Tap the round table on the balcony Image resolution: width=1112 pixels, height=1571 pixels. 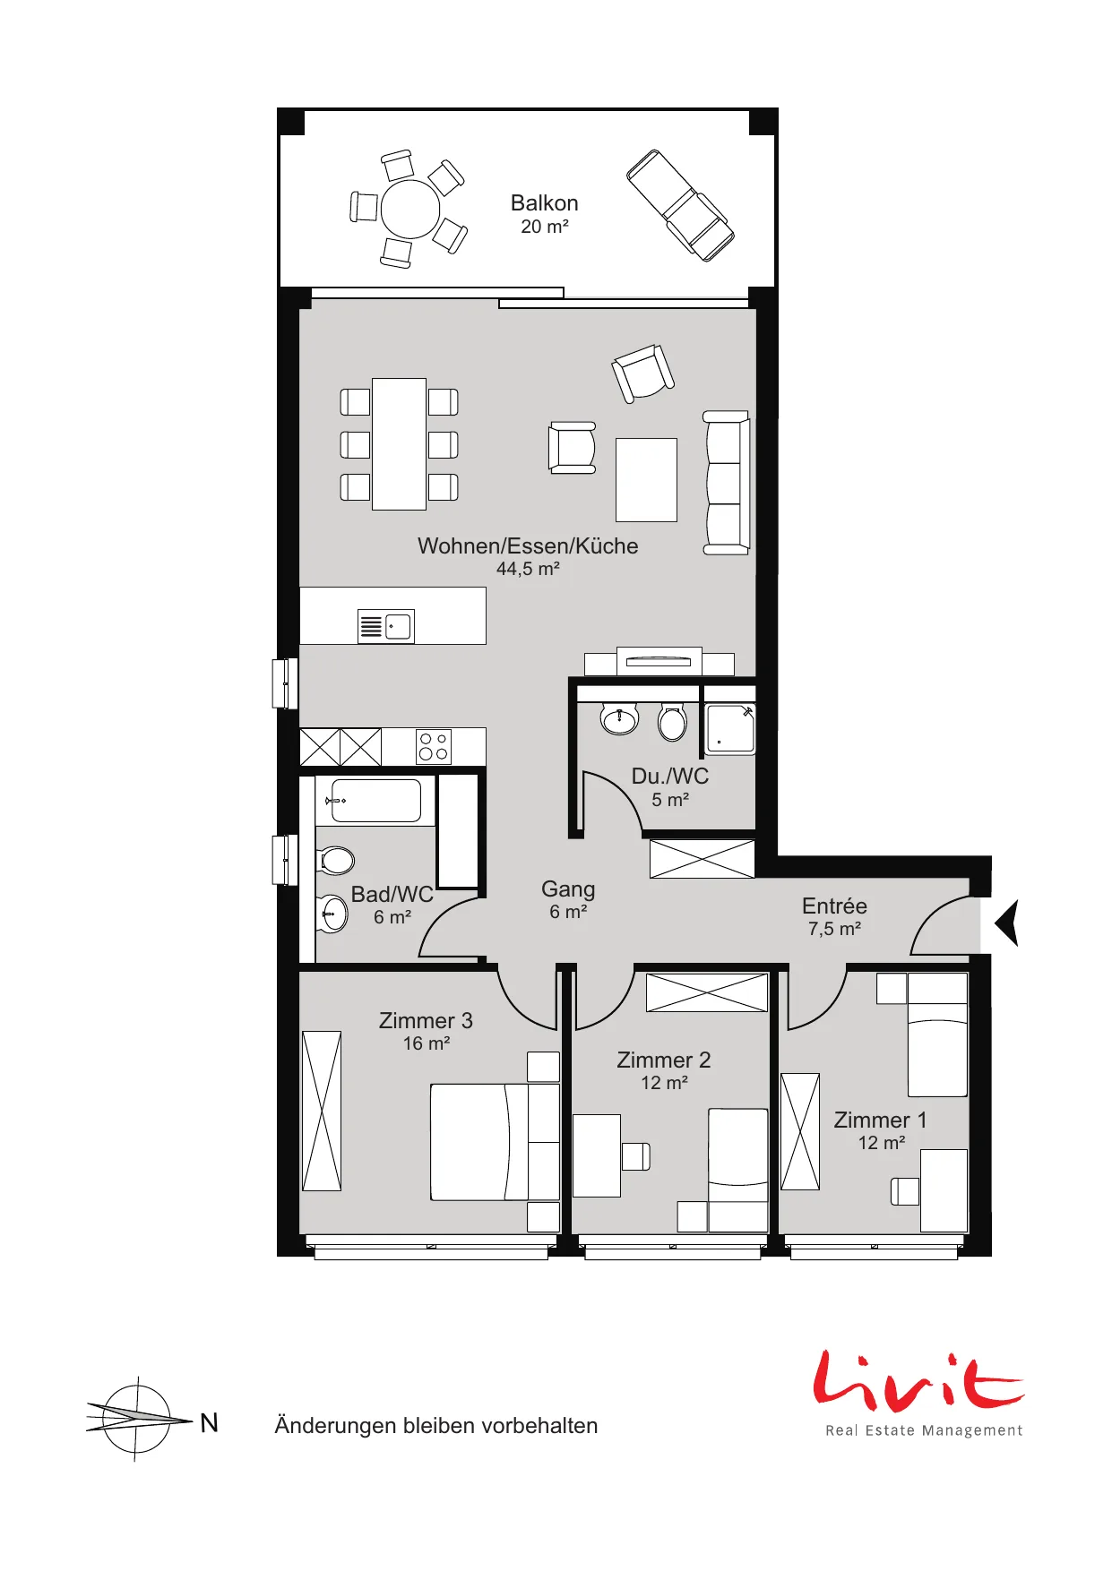click(x=410, y=209)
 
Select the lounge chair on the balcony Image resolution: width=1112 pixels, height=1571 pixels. click(x=679, y=205)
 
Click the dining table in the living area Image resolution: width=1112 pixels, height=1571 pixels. click(x=399, y=443)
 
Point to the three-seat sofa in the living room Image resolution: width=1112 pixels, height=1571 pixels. click(x=726, y=483)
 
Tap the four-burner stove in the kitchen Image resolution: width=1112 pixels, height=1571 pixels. click(x=434, y=747)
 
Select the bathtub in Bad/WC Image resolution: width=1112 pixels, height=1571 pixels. click(x=375, y=800)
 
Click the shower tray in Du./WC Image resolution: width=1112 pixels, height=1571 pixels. click(x=730, y=728)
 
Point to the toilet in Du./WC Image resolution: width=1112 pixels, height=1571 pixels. click(x=672, y=722)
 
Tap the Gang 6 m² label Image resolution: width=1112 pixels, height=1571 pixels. click(x=568, y=899)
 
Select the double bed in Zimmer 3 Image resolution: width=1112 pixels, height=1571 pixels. click(x=495, y=1142)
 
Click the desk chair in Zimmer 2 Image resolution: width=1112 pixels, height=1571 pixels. click(x=635, y=1156)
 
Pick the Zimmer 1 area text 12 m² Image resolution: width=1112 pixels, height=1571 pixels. click(x=882, y=1143)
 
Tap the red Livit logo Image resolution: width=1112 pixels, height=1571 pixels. click(x=918, y=1379)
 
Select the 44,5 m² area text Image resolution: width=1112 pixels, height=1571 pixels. click(x=528, y=569)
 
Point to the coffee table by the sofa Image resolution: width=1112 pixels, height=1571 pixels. click(x=646, y=479)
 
